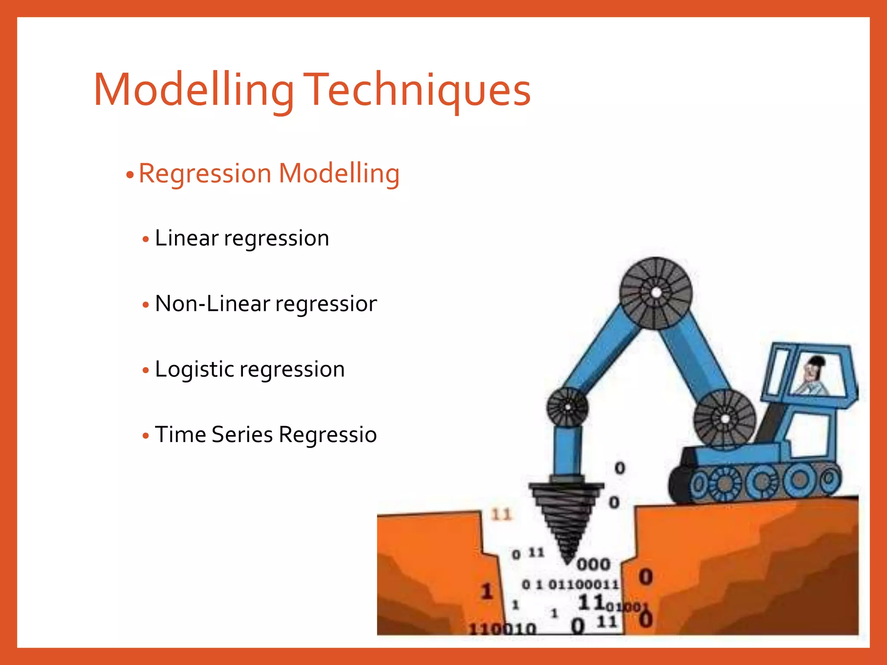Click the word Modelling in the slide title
click(194, 90)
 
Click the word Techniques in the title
click(417, 90)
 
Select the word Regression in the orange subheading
click(205, 174)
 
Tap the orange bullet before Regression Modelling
click(129, 175)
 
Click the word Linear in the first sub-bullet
click(187, 238)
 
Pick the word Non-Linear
click(212, 303)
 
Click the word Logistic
click(194, 369)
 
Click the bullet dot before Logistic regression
click(146, 371)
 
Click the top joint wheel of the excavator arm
click(656, 293)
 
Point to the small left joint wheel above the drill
click(567, 407)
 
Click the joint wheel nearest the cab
click(725, 419)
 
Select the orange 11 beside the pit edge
click(502, 514)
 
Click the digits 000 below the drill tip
click(593, 564)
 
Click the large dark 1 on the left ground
click(487, 591)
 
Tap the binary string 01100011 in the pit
click(583, 584)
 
